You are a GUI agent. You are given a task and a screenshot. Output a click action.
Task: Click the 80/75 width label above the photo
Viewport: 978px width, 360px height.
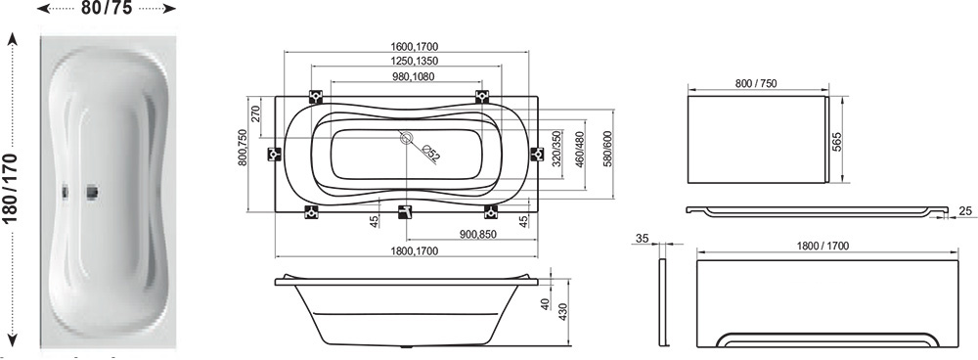[x=107, y=9]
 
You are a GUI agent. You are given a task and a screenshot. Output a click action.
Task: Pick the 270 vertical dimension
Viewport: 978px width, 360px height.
[x=255, y=114]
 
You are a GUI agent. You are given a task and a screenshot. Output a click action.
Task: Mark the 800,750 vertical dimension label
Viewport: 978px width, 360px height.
[x=243, y=148]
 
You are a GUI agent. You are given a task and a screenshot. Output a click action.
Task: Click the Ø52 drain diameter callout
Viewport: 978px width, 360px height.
[x=431, y=153]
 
